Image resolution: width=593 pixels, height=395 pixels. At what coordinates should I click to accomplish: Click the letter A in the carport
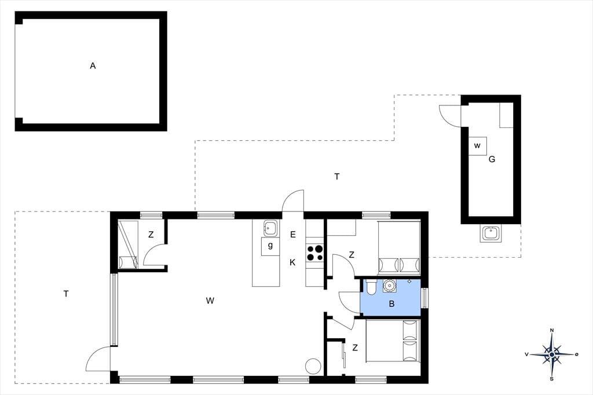coord(93,66)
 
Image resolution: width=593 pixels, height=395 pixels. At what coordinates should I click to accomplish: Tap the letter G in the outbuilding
coord(492,159)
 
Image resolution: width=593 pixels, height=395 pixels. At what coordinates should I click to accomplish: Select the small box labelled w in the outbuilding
coord(477,146)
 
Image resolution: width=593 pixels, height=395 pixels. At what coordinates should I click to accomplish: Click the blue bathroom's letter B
coord(391,303)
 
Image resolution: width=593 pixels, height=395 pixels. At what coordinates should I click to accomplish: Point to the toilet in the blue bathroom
coord(370,287)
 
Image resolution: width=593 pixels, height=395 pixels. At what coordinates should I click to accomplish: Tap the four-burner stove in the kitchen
coord(314,253)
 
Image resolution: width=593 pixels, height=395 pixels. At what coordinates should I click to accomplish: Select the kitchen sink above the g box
coord(270,229)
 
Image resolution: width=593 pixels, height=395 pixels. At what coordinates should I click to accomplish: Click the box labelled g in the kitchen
coord(270,246)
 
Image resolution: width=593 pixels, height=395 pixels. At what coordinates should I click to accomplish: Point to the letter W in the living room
coord(210,301)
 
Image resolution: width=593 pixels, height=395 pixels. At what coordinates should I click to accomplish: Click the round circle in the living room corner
coord(313,366)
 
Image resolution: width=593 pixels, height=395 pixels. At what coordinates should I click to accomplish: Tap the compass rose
coord(552,354)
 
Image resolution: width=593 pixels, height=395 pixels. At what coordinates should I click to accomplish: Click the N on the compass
coord(552,331)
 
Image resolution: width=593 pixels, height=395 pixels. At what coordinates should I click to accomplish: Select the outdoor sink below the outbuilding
coord(490,233)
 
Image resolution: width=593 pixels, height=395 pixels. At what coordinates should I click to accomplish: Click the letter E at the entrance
coord(292,235)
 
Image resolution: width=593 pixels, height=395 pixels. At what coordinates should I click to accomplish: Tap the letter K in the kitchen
coord(292,262)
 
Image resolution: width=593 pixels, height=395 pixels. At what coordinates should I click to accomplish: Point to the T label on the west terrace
coord(66,294)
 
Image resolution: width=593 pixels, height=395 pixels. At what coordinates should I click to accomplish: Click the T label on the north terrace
coord(336,176)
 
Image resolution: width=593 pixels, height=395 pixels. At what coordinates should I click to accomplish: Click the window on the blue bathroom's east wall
coord(424,298)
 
